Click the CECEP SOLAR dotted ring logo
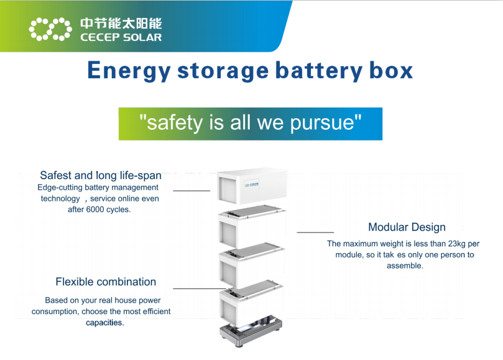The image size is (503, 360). click(50, 29)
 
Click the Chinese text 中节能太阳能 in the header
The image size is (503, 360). click(121, 24)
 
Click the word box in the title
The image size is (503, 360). click(391, 70)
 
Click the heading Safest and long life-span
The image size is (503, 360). click(101, 175)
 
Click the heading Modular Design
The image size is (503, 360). click(407, 227)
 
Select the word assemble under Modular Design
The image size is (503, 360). click(404, 265)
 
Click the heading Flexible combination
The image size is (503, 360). click(106, 282)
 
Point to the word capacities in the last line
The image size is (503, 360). click(104, 323)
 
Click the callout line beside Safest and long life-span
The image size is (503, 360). click(192, 190)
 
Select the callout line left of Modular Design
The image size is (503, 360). click(315, 232)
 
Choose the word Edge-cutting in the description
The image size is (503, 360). click(60, 187)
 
